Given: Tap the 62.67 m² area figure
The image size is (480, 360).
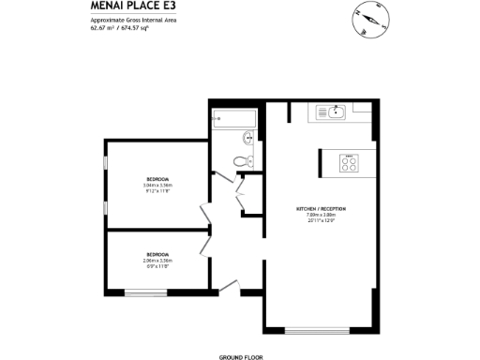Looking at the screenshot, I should point(103,28).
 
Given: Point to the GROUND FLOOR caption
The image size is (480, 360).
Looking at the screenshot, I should point(239,357).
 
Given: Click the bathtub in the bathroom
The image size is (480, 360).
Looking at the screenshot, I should point(234,118).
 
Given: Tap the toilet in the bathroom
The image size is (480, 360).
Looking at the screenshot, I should point(244,161).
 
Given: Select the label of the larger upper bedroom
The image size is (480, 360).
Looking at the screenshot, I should point(157,179).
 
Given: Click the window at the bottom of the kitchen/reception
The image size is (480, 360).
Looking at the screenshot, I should point(314,329).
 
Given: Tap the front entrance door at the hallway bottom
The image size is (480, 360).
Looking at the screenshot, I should point(230,286).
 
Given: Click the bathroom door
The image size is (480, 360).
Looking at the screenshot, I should point(222,174).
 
